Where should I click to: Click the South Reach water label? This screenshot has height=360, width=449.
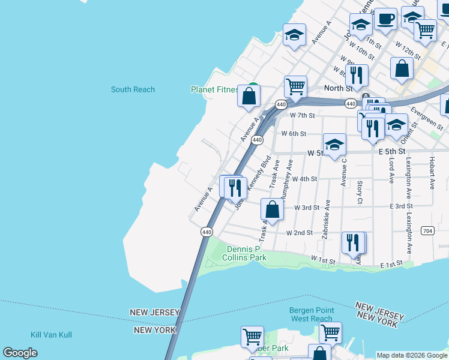click(x=133, y=89)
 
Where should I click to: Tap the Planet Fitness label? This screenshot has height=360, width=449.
click(x=214, y=89)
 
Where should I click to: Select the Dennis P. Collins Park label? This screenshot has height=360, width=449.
click(x=246, y=253)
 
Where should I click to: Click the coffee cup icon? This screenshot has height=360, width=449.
click(x=385, y=19)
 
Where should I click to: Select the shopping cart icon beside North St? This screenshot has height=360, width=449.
click(x=295, y=87)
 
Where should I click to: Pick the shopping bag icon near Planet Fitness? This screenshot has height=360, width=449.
click(x=249, y=95)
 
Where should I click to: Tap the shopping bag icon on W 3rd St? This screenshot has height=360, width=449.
click(x=272, y=209)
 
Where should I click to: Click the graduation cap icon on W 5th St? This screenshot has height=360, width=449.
click(x=334, y=145)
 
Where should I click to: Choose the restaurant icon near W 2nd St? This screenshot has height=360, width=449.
click(x=353, y=242)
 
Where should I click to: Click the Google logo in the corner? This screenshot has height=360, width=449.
click(x=20, y=353)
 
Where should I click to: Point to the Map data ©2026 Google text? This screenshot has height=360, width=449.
click(x=412, y=355)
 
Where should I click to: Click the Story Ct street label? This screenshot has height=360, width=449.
click(x=360, y=192)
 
